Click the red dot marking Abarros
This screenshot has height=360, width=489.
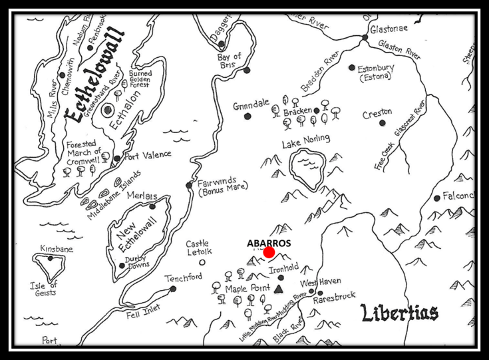coord(269,252)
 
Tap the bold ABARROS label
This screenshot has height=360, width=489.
coord(269,242)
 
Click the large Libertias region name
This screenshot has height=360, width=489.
coord(399,313)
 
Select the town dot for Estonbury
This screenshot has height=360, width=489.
coord(352,67)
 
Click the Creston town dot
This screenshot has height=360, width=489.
coord(383,122)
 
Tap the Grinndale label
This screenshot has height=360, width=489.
coord(251,104)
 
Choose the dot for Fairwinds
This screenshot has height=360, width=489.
coord(189,185)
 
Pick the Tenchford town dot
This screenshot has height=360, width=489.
coord(173,289)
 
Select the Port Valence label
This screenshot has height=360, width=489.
coord(148,154)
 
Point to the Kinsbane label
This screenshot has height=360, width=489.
coord(57,249)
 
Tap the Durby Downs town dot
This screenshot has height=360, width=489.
coord(122,266)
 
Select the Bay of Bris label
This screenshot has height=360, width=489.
coord(230,61)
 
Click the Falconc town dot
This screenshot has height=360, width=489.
coord(436,198)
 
